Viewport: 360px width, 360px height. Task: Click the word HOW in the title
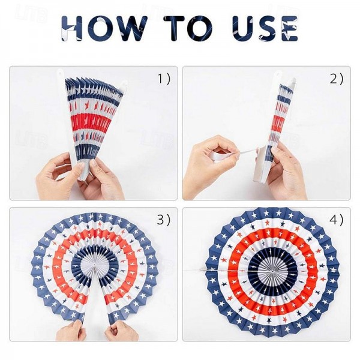point(104,28)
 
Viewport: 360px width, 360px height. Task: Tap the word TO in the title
point(188,28)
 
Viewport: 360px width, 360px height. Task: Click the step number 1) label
point(164,79)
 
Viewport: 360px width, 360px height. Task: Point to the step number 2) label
point(337,79)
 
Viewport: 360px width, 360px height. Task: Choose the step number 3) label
point(164,220)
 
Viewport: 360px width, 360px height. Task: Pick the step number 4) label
point(337,220)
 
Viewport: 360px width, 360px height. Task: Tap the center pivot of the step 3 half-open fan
point(95,266)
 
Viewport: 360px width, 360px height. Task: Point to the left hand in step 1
point(59,176)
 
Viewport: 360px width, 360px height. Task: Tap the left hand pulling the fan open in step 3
point(70,331)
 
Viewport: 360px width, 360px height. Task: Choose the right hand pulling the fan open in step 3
point(122,331)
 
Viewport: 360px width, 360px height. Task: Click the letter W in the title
point(130,28)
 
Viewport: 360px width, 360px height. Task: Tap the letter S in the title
point(268,28)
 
